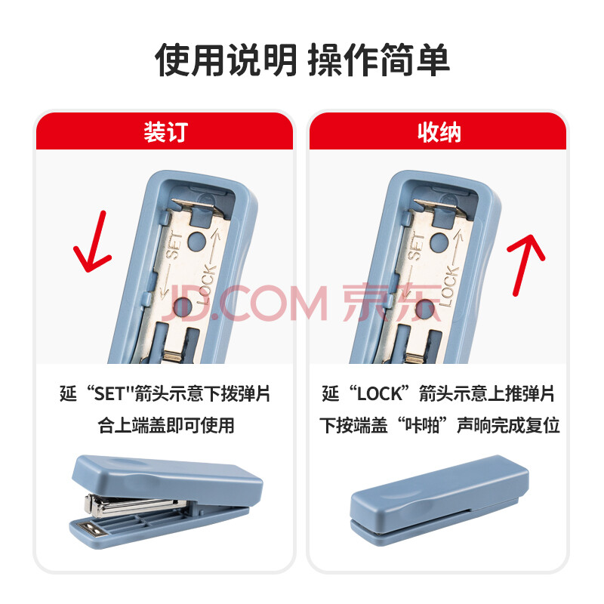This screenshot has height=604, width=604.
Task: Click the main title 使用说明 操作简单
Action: (302, 60)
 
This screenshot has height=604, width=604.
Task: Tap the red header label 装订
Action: (165, 132)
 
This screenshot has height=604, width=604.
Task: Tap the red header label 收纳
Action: (439, 132)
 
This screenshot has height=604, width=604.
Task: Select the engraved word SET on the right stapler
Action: (416, 247)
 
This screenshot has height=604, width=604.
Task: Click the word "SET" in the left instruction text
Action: (109, 393)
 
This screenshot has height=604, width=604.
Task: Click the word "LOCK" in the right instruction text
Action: (380, 393)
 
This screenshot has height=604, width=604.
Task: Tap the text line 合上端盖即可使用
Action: (165, 425)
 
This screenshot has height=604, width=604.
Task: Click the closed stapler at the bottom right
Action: (439, 500)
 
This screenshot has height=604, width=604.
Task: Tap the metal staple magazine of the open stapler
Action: (133, 505)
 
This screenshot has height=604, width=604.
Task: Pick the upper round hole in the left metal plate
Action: (197, 239)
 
